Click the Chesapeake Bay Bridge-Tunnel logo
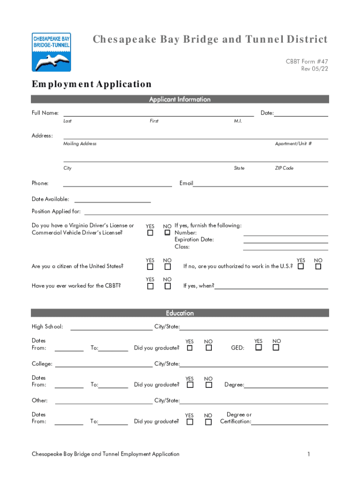click(x=51, y=51)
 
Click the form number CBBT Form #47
click(x=307, y=62)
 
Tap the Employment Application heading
click(x=92, y=84)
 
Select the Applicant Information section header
click(x=180, y=99)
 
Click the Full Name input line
click(x=158, y=114)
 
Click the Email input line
click(x=260, y=184)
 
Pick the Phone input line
click(x=117, y=184)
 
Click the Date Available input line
click(x=112, y=200)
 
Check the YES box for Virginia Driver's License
click(x=150, y=232)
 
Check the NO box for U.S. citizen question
click(x=167, y=267)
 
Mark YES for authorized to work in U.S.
click(x=301, y=267)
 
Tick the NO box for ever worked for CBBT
click(x=167, y=286)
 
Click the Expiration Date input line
click(x=285, y=240)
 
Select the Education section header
click(x=180, y=313)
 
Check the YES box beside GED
click(x=258, y=348)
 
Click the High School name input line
click(x=111, y=327)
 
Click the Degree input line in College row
click(x=286, y=385)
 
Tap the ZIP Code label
click(x=284, y=168)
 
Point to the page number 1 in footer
click(x=309, y=454)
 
